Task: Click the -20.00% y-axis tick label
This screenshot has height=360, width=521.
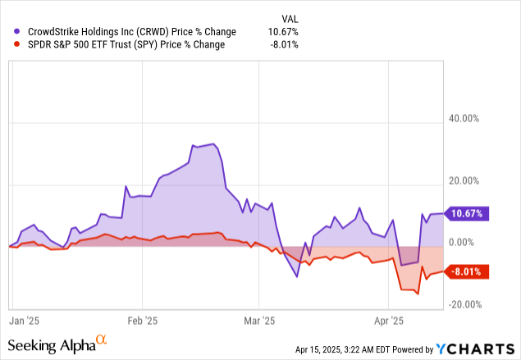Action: [x=464, y=304]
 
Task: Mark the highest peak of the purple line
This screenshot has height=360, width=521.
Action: [x=214, y=144]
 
